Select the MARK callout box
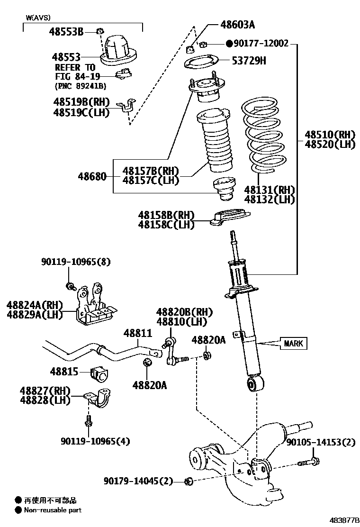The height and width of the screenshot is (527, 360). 294,343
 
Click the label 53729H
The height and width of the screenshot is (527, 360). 249,60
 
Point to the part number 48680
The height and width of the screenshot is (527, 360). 93,177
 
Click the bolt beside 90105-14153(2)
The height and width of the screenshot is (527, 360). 308,462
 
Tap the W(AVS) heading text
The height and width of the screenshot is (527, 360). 38,18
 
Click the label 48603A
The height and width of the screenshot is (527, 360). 237,24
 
